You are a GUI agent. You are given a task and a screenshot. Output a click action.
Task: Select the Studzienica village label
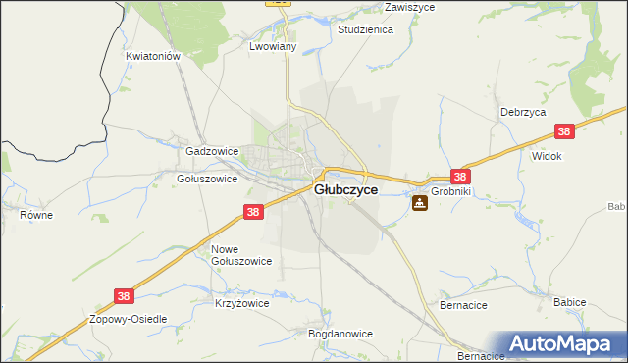pos(365,30)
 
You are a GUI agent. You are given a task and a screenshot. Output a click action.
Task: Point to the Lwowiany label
pos(273,46)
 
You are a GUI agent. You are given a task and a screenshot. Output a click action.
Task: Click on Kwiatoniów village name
pos(154,57)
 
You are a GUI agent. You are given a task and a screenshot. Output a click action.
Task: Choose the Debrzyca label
pos(522,113)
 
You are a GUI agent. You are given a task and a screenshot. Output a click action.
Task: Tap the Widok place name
pos(546,156)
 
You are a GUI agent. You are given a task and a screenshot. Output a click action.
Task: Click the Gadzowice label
pos(212,152)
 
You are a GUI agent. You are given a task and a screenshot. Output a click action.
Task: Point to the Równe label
pos(36,213)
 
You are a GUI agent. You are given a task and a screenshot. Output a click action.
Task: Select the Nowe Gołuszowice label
pos(241,255)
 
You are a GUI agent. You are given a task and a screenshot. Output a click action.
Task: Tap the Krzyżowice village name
pos(241,304)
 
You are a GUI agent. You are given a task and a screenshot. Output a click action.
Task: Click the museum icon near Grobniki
pos(420,203)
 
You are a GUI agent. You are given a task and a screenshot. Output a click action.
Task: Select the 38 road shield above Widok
pos(563,131)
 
